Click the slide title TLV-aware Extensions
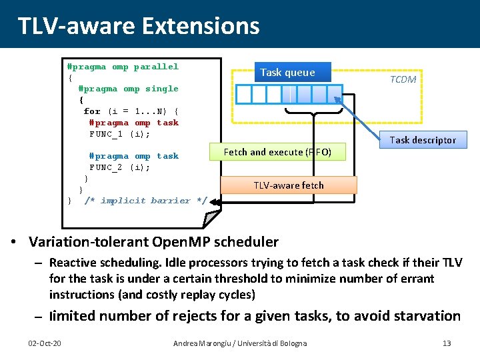click(138, 25)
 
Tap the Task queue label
click(287, 73)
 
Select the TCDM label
click(403, 79)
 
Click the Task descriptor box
click(423, 140)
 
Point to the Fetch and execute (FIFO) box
click(277, 152)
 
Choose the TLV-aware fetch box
click(289, 185)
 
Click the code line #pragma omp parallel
click(123, 67)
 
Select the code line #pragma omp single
click(128, 89)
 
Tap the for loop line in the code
click(131, 111)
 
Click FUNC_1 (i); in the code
click(119, 134)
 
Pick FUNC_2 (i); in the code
click(119, 167)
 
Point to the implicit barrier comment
click(145, 201)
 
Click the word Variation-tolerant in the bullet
click(89, 241)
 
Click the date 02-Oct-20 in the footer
click(45, 343)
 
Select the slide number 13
click(447, 343)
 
